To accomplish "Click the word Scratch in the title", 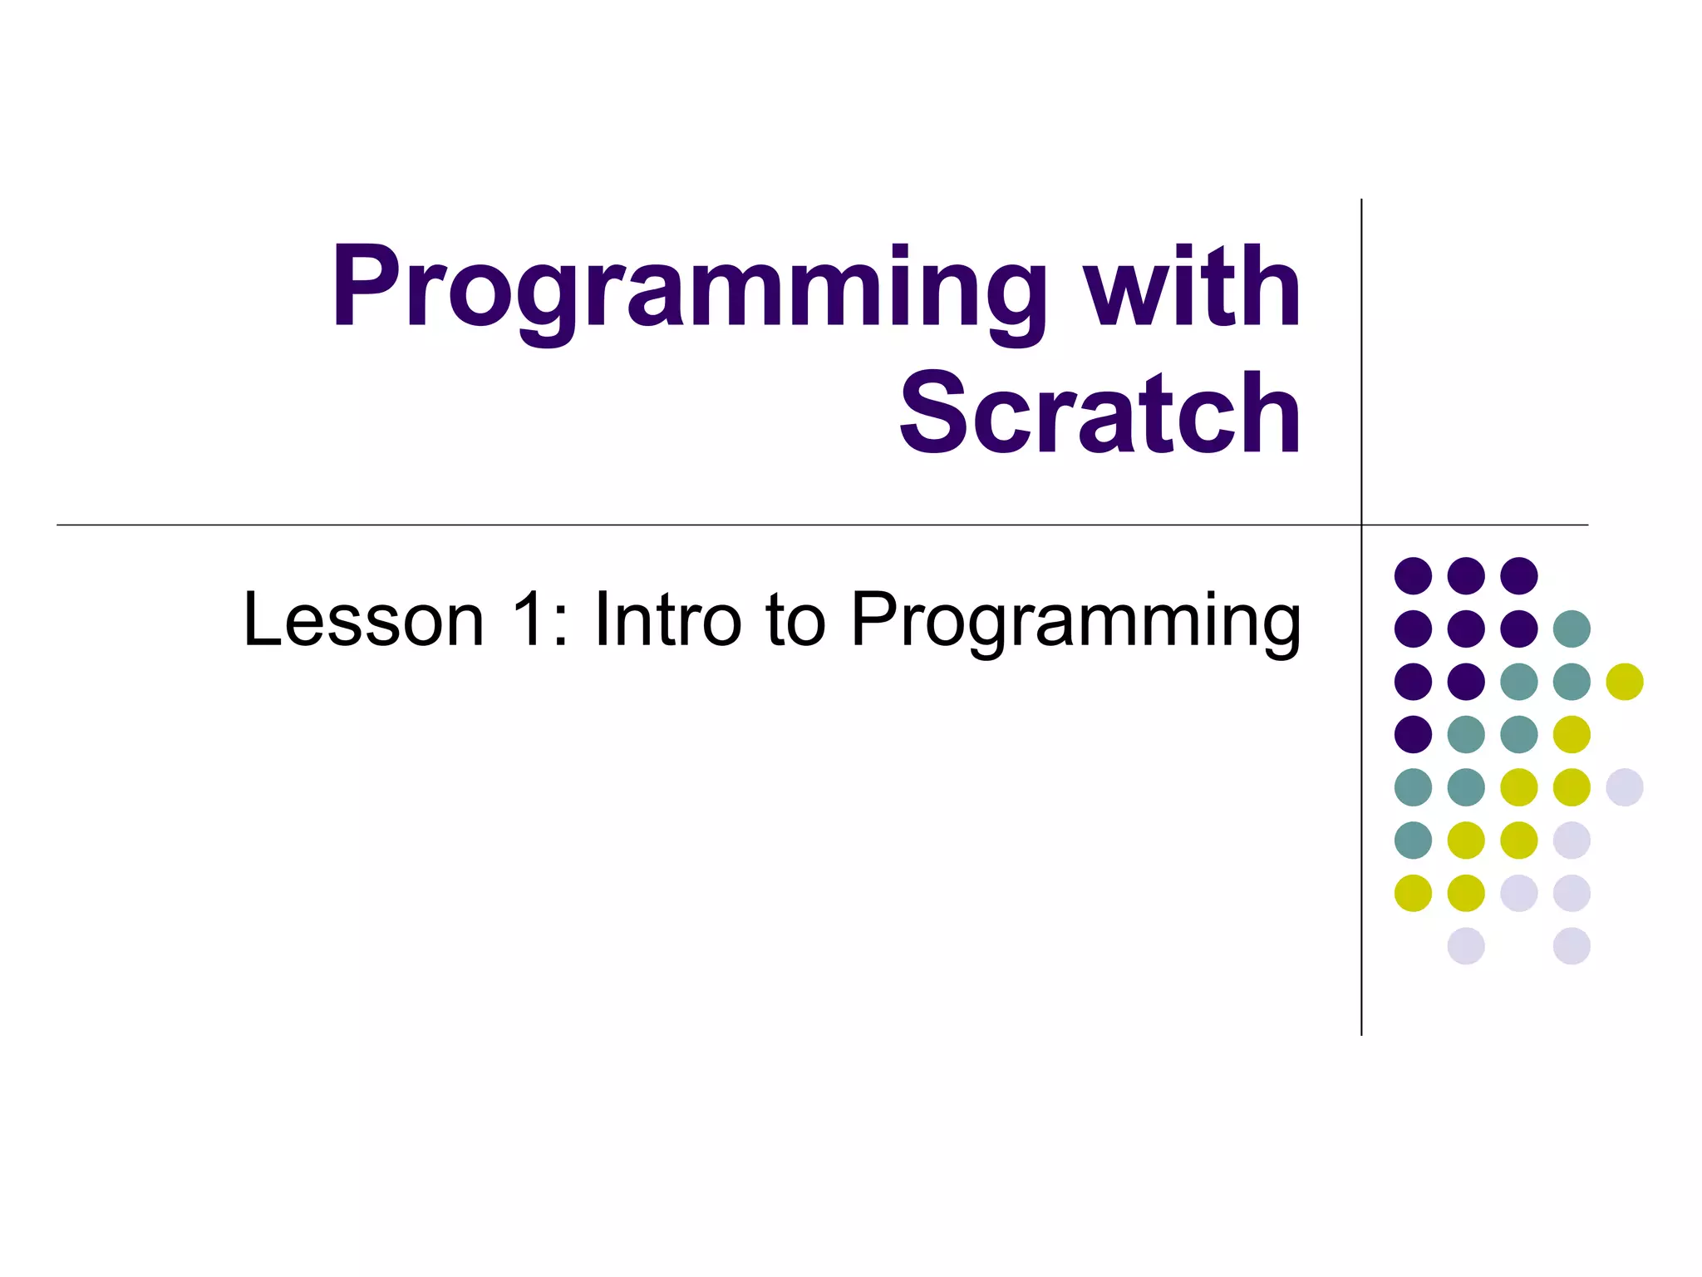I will coord(1099,414).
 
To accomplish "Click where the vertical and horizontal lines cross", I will coord(1361,525).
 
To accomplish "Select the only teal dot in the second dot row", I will coord(1572,629).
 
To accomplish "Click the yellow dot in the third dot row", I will coord(1624,682).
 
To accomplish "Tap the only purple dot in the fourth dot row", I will coord(1413,734).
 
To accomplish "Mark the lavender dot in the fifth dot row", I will coord(1624,787).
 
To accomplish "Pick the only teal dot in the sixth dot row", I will coord(1413,840).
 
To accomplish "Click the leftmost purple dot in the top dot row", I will coord(1413,575).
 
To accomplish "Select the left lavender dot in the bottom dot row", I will coord(1466,946).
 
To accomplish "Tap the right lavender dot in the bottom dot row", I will coord(1572,946).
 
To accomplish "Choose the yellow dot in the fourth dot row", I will coord(1572,734).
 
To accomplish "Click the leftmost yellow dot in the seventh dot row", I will coord(1413,893).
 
